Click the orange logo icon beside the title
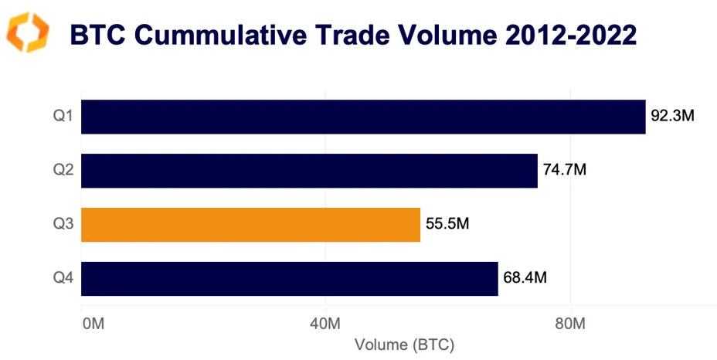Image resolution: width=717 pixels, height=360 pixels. click(28, 32)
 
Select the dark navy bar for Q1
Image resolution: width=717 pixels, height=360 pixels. click(363, 117)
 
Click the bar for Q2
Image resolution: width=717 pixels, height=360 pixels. click(309, 171)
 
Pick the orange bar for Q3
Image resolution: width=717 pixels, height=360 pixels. click(250, 225)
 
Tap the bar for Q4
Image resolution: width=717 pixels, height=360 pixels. click(289, 279)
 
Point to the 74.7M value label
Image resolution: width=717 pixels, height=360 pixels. click(565, 171)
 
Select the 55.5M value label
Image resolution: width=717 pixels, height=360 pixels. click(448, 225)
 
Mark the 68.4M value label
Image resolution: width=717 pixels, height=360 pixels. click(525, 279)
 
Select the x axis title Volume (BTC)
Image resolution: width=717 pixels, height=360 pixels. click(403, 344)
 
